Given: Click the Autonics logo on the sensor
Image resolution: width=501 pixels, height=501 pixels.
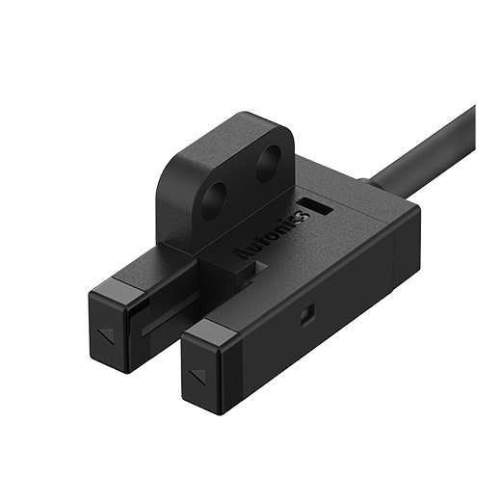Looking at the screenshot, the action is coord(273,234).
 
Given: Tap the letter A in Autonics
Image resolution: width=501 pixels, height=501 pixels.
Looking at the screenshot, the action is coord(243,253).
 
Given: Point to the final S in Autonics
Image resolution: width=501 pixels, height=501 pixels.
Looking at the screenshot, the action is coord(303,215).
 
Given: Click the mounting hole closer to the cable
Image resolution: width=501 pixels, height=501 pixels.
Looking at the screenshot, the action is coord(269,163).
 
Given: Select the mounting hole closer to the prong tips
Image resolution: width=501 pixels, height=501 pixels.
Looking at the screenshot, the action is coord(213,200).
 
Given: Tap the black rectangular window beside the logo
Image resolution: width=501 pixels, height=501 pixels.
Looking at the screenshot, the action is coord(315,206).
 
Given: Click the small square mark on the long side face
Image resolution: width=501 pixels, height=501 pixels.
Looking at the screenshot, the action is coord(307,315).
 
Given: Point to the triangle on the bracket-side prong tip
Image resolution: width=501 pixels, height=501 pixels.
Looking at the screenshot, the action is coord(107,335).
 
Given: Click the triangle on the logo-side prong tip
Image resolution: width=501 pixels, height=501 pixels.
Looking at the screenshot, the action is coord(198,378).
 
